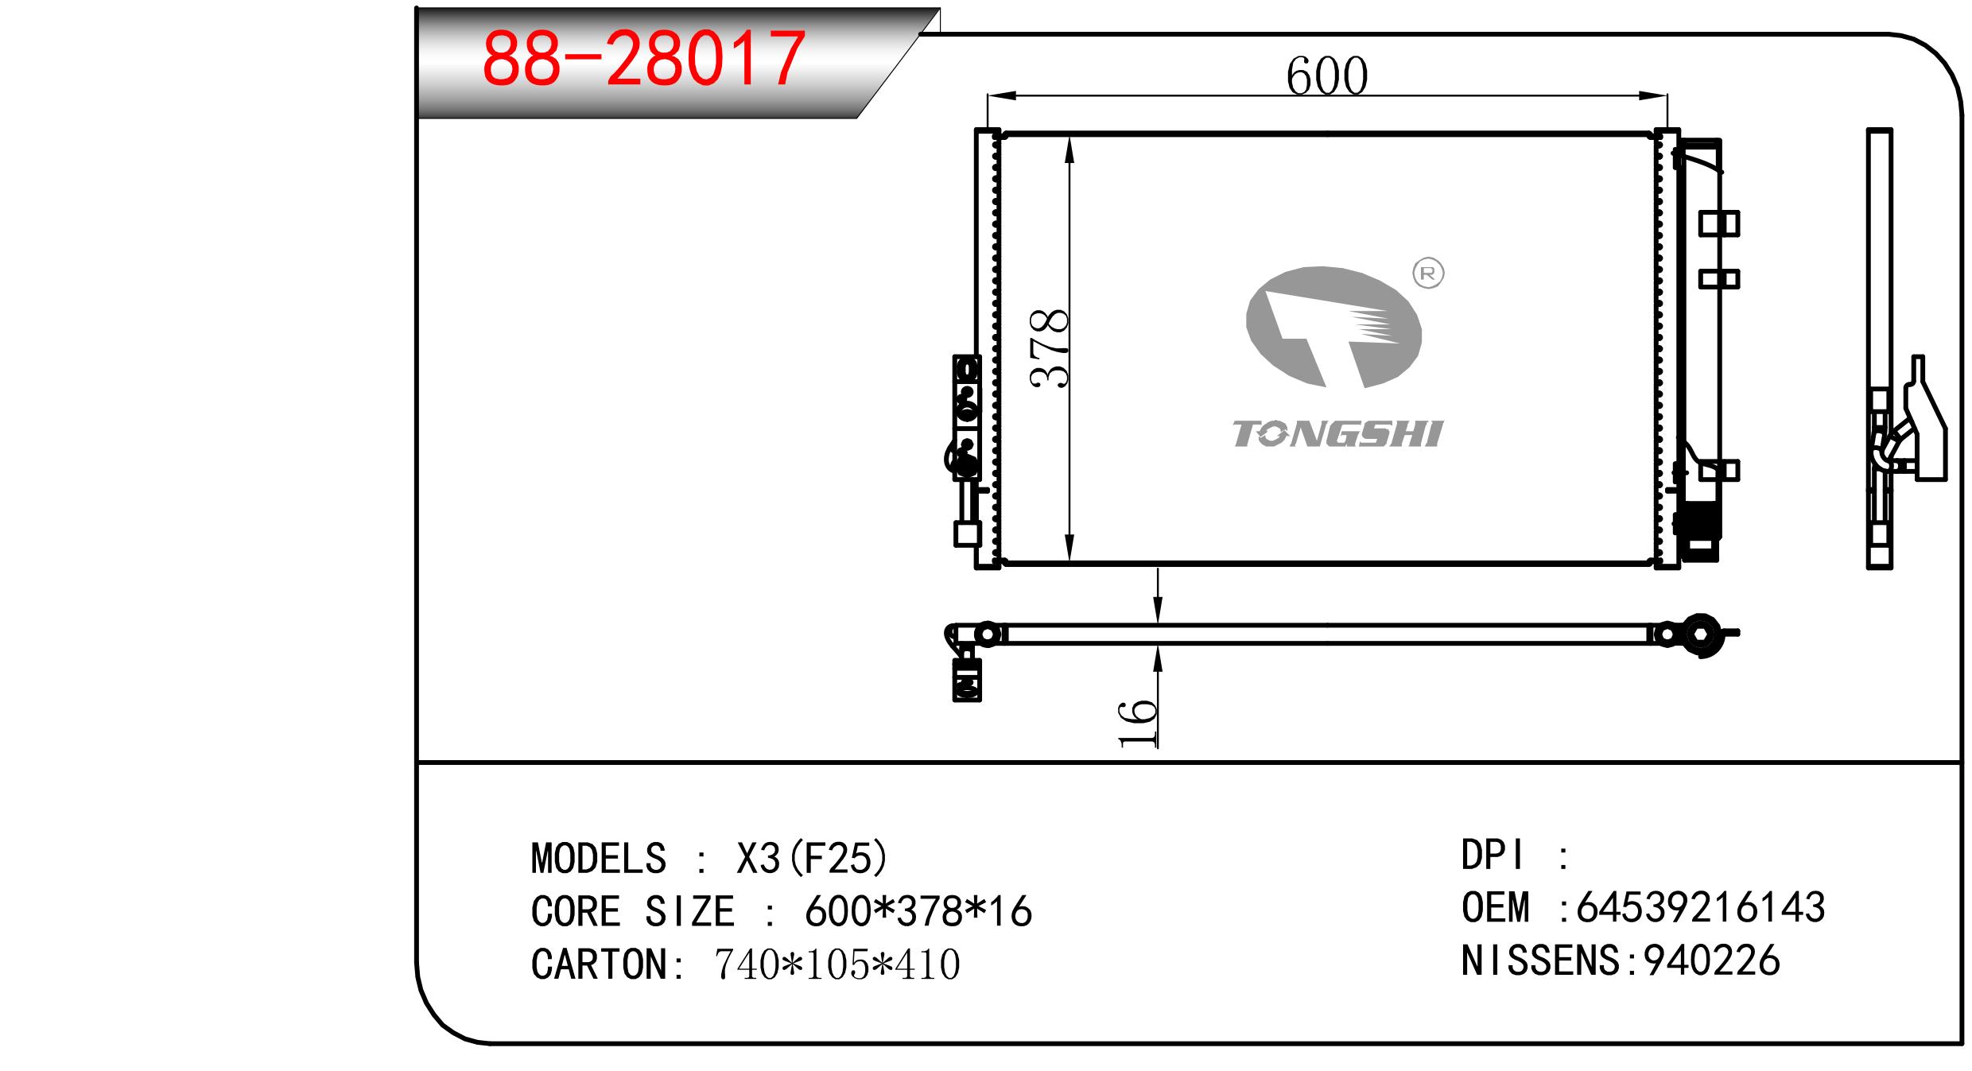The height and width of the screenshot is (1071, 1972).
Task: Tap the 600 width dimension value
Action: tap(1326, 77)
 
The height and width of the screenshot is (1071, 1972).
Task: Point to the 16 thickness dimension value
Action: tap(1137, 724)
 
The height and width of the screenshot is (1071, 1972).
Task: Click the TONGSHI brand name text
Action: tap(1337, 435)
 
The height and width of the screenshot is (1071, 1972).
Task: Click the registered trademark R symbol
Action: tap(1428, 274)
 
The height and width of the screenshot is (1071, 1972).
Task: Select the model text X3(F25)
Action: tap(812, 859)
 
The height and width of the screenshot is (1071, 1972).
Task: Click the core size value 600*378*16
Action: tap(918, 912)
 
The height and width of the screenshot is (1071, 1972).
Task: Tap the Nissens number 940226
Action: tap(1711, 960)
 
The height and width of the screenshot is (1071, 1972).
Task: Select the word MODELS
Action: tap(598, 859)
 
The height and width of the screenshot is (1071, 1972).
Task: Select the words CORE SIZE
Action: tap(632, 912)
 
